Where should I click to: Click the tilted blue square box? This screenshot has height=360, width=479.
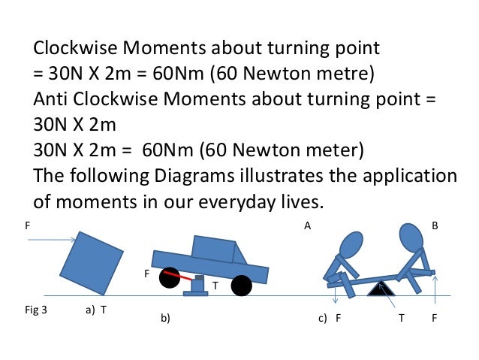point(92,263)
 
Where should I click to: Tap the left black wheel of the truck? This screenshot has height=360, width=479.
point(170,277)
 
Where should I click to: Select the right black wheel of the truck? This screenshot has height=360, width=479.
point(241,285)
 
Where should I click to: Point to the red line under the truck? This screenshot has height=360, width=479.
point(185,278)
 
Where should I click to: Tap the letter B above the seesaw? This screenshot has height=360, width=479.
point(435,225)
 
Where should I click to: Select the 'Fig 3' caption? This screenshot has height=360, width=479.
point(36,308)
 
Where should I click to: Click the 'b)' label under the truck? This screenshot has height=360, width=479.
point(166,319)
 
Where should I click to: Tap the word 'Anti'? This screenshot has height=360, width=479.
point(52,100)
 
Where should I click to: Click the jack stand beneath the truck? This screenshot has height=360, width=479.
point(197,286)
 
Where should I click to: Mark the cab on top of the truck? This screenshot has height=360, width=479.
point(215,249)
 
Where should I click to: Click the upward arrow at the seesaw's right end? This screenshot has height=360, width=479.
point(435,285)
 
